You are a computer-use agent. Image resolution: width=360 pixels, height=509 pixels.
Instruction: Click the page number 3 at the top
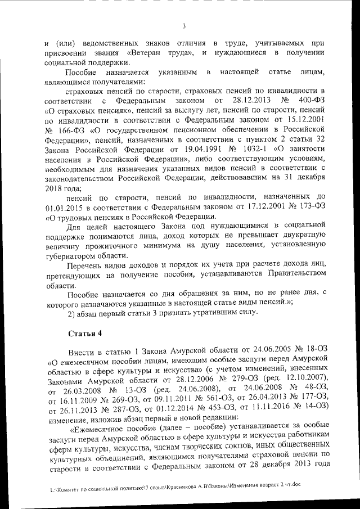(184, 25)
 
